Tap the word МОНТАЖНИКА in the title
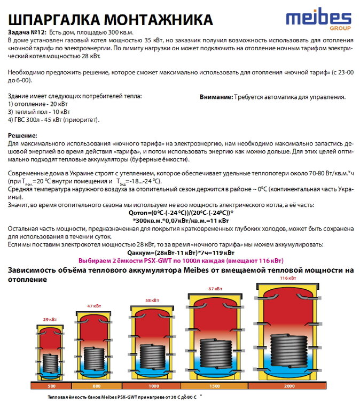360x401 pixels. coord(157,19)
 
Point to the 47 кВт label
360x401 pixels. coord(94,306)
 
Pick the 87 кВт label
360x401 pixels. coord(214,289)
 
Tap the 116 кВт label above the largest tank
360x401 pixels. coord(288,279)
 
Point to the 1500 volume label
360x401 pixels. coord(215,386)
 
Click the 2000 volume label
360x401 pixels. coord(288,386)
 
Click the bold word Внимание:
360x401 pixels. coord(216,97)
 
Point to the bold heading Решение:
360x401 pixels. coord(23,136)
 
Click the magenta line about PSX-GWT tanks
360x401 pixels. coord(181,261)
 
